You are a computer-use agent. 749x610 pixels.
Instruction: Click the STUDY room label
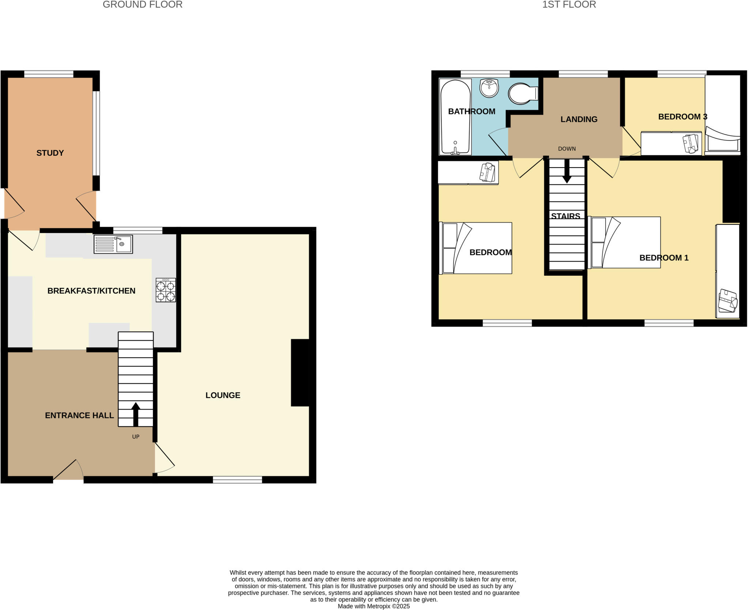pyautogui.click(x=50, y=153)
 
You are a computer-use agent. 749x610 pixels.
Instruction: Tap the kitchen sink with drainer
pyautogui.click(x=113, y=244)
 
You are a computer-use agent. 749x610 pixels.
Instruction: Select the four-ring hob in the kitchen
pyautogui.click(x=166, y=290)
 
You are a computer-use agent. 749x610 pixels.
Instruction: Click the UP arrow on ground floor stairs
pyautogui.click(x=136, y=414)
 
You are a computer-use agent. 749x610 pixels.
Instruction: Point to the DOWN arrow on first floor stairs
pyautogui.click(x=567, y=172)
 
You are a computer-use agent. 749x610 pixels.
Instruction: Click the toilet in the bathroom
pyautogui.click(x=522, y=94)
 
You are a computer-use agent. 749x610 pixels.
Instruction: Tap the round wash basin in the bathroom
pyautogui.click(x=489, y=88)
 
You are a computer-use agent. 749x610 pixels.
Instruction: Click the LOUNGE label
pyautogui.click(x=223, y=395)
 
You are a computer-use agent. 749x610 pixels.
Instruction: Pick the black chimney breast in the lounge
pyautogui.click(x=300, y=373)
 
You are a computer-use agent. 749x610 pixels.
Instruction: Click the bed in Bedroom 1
pyautogui.click(x=625, y=242)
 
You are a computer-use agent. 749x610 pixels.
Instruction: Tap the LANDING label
pyautogui.click(x=579, y=119)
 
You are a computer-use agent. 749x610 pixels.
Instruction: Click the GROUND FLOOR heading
pyautogui.click(x=142, y=5)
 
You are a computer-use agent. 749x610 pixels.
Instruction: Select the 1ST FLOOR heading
pyautogui.click(x=569, y=5)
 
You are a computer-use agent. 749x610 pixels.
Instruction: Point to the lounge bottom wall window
pyautogui.click(x=237, y=479)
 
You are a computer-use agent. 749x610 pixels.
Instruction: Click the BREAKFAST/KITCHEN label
pyautogui.click(x=91, y=291)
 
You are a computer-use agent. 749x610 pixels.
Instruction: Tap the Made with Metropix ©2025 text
pyautogui.click(x=373, y=606)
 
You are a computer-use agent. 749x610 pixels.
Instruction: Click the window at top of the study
pyautogui.click(x=49, y=74)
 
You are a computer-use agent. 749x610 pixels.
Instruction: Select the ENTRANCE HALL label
pyautogui.click(x=79, y=415)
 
